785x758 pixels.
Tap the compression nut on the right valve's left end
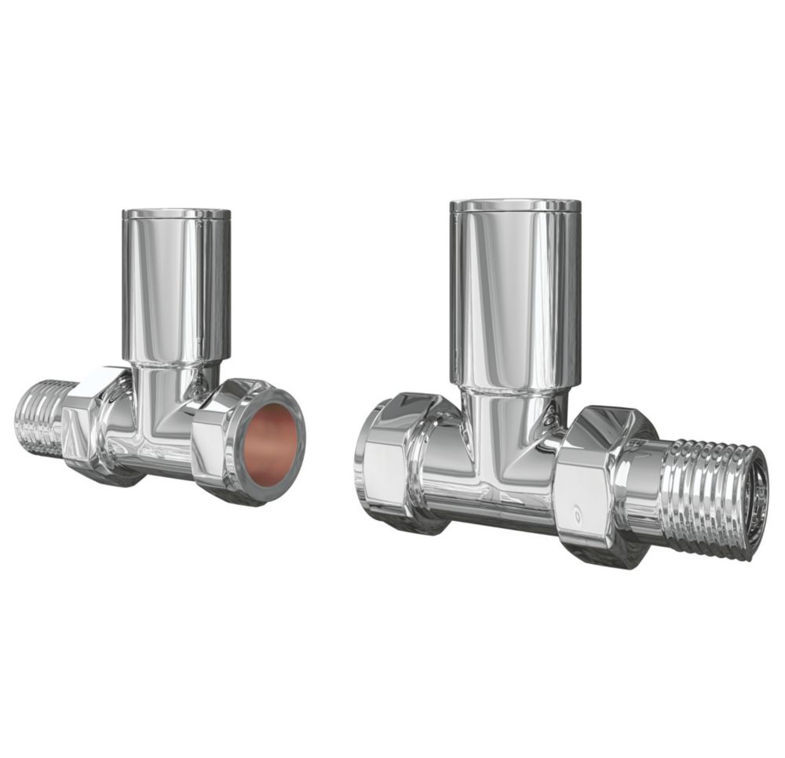392,463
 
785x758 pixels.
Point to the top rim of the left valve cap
176,213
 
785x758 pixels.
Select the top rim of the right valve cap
514,206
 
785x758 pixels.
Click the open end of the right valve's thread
758,502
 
